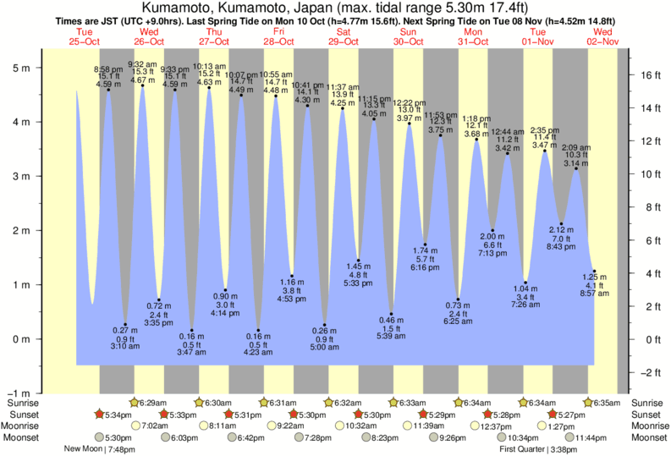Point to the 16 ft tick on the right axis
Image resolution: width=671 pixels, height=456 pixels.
pyautogui.click(x=647, y=74)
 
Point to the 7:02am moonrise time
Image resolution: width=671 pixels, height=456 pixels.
pyautogui.click(x=156, y=426)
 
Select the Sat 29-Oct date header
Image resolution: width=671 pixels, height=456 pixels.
pyautogui.click(x=343, y=37)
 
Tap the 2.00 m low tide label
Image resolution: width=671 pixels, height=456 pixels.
pyautogui.click(x=492, y=236)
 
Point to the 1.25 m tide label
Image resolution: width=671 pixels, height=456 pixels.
pyautogui.click(x=596, y=278)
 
